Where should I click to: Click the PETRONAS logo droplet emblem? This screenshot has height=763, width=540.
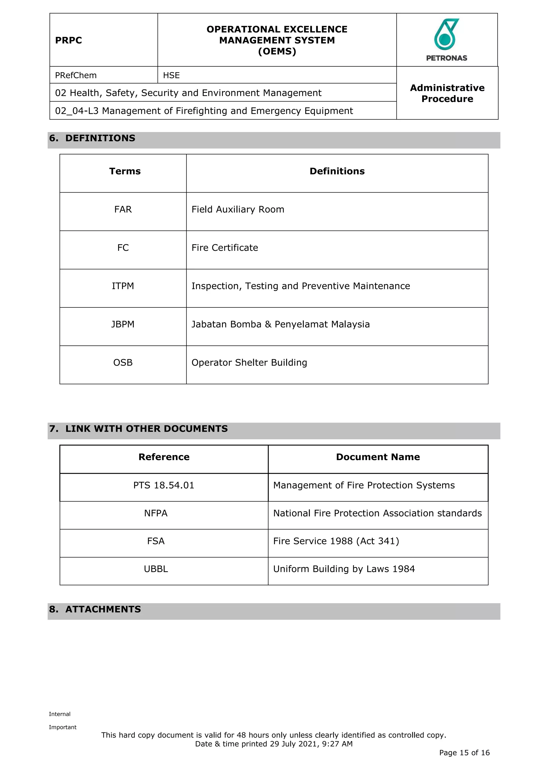(x=446, y=35)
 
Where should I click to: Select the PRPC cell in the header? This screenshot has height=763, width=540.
(x=69, y=40)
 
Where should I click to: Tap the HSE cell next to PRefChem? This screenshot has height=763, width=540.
(x=171, y=75)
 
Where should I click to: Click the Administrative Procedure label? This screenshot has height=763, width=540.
(x=447, y=93)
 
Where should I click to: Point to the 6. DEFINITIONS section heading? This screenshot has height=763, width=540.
(x=92, y=138)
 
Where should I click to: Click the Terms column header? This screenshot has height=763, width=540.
(x=125, y=171)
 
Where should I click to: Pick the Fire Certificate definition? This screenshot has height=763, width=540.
(x=224, y=248)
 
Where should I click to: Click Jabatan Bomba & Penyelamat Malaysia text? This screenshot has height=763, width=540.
(x=280, y=324)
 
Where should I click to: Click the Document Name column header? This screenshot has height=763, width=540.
(x=378, y=457)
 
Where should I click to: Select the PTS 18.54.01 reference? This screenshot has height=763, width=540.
(x=163, y=485)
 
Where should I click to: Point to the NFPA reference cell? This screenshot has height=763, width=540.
(x=156, y=513)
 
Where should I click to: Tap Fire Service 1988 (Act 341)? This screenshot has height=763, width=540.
(x=336, y=541)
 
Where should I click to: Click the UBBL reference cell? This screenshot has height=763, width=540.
(x=156, y=569)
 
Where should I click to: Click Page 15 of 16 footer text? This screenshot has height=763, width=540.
(x=464, y=753)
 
